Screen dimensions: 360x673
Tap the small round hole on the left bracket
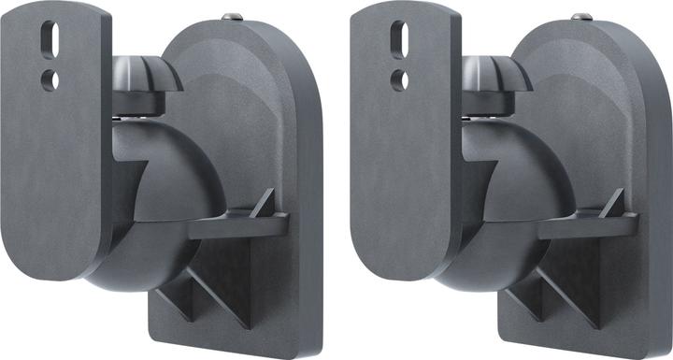(x=51, y=79)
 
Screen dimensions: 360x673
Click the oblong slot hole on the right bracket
(x=400, y=40)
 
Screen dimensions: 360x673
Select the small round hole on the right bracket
(x=401, y=79)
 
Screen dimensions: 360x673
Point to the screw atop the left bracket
(x=231, y=16)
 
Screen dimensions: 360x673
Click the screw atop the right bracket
(x=580, y=16)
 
